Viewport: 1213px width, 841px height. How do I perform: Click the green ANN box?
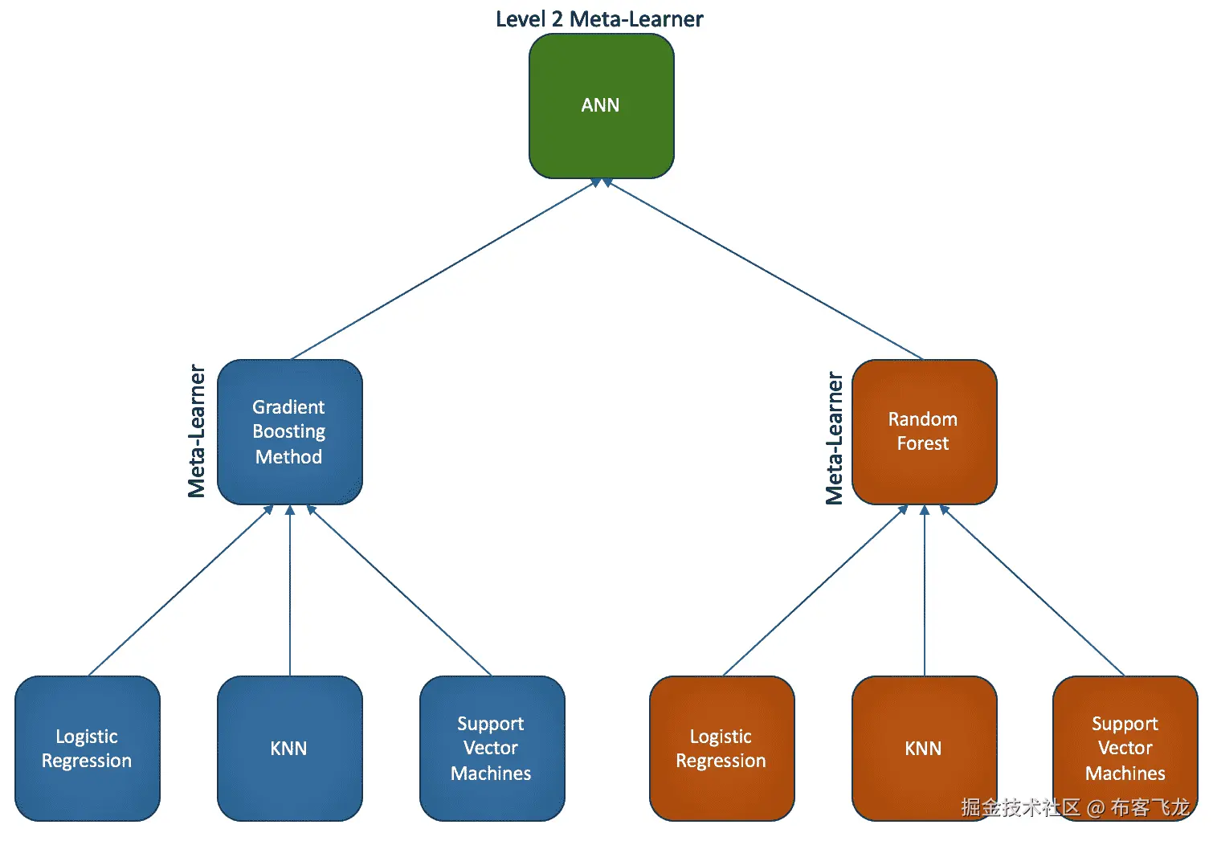click(602, 106)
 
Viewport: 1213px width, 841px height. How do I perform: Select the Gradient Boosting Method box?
click(290, 432)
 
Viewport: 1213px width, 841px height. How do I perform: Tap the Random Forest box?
click(925, 432)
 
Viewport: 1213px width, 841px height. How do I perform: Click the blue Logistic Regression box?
click(88, 749)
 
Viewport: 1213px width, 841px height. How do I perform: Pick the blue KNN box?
click(290, 749)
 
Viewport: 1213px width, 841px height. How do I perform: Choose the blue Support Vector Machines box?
click(492, 749)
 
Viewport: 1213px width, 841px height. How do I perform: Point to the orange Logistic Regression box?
click(722, 749)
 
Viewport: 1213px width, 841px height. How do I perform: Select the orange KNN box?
click(925, 749)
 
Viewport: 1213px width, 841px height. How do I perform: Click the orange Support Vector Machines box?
click(1125, 749)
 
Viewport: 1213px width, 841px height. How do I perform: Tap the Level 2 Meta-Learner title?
click(599, 19)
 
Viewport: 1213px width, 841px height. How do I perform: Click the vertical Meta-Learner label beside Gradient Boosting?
click(197, 431)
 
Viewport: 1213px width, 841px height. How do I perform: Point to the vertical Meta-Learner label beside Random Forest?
click(834, 438)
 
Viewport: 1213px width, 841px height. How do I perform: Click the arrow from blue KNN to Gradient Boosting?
click(290, 590)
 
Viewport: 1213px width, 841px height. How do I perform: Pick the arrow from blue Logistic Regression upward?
click(180, 590)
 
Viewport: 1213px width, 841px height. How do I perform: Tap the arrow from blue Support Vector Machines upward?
click(399, 590)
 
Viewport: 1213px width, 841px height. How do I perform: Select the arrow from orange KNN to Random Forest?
click(925, 590)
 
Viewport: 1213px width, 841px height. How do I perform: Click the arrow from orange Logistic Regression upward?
click(815, 590)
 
